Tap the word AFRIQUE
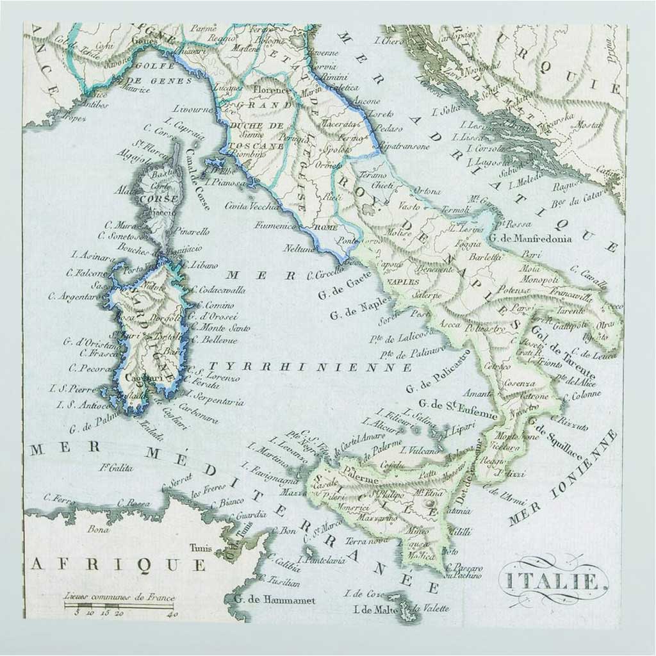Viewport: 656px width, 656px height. tap(119, 564)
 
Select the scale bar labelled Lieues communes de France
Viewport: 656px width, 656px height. tap(120, 605)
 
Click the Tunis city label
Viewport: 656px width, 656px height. tap(200, 548)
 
